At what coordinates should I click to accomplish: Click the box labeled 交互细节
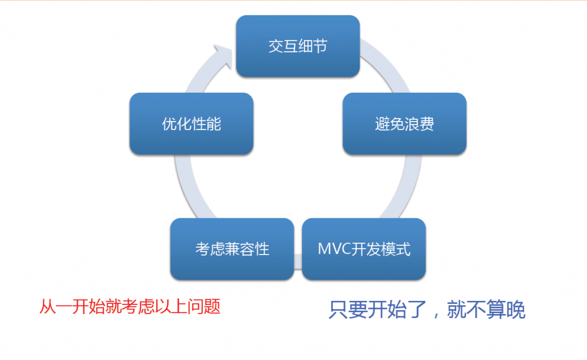[298, 46]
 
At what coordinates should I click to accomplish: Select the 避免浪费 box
[404, 123]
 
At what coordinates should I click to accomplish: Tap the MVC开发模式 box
[364, 249]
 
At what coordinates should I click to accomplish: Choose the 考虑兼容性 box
[232, 249]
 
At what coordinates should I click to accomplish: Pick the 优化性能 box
[191, 123]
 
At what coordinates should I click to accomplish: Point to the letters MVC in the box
[334, 249]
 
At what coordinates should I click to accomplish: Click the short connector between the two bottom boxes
[298, 261]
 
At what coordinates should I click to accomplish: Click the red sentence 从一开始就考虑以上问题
[130, 307]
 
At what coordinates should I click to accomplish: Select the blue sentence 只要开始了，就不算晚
[427, 310]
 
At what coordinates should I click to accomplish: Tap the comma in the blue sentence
[436, 314]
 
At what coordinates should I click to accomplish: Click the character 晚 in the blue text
[515, 310]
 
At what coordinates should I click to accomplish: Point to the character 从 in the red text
[48, 307]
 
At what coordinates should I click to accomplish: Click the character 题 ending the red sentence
[212, 307]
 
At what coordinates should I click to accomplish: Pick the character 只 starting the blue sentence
[338, 310]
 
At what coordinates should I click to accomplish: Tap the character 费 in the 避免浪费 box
[426, 124]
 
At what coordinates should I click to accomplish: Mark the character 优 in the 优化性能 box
[169, 124]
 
